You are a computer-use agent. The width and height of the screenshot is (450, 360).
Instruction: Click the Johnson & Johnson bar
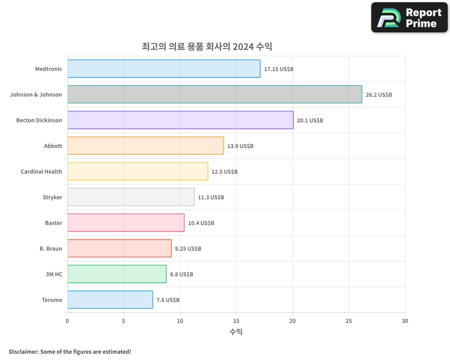pos(215,94)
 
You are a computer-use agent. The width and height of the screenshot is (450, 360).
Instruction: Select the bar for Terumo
pos(110,300)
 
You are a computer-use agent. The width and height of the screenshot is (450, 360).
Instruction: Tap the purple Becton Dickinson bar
pos(180,120)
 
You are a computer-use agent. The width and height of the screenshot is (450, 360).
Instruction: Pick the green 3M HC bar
pos(117,274)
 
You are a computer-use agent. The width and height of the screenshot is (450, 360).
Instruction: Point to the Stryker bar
pos(131,197)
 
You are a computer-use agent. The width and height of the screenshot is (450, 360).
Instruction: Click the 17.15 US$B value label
pos(279,69)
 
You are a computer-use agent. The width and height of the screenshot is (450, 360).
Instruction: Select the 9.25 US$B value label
pos(188,248)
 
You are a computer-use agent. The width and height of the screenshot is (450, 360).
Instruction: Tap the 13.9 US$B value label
pos(240,146)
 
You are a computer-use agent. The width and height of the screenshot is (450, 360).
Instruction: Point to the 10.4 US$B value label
pos(201,223)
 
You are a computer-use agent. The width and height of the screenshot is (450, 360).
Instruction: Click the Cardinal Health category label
pos(41,171)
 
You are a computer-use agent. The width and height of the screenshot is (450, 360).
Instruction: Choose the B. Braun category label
pos(51,248)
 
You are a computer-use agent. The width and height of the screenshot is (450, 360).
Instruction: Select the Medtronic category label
pos(49,69)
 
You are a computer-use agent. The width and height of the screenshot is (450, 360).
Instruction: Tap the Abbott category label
pos(53,146)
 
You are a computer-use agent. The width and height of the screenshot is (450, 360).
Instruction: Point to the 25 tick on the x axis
pos(349,321)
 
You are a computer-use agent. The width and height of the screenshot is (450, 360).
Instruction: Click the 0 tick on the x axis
pos(67,321)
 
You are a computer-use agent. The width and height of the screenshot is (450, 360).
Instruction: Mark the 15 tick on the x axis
pos(236,321)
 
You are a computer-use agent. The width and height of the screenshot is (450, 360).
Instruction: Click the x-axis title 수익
pos(236,332)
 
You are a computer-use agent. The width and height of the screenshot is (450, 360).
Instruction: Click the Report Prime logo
pos(409,18)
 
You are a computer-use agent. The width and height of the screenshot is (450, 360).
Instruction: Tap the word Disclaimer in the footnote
pos(23,351)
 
